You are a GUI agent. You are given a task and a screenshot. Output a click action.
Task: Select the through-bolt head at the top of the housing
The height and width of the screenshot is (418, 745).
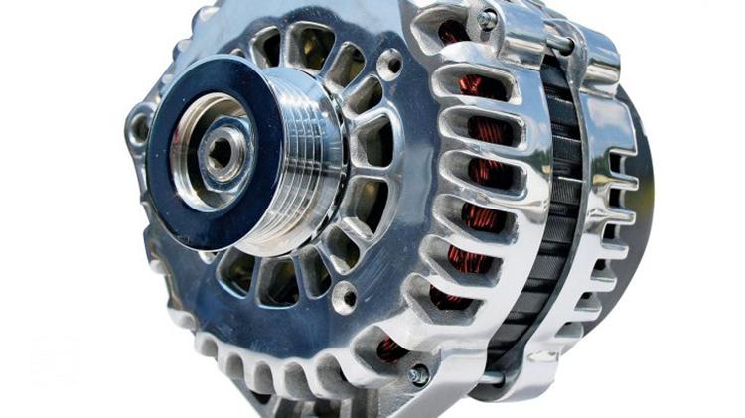click(x=488, y=19)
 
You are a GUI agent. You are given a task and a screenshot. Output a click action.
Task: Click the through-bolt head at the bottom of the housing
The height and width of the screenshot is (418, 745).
click(x=418, y=374)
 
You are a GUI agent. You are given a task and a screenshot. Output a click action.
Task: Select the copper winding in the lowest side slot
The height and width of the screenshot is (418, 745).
click(x=392, y=348)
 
